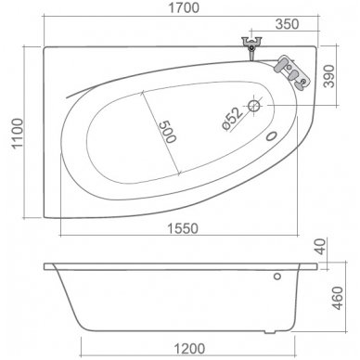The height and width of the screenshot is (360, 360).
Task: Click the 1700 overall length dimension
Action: click(x=183, y=7)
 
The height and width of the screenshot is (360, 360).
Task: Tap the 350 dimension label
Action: click(x=287, y=24)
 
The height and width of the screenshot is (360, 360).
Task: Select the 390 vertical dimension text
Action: click(x=329, y=76)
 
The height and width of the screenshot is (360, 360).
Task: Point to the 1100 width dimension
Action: click(x=18, y=134)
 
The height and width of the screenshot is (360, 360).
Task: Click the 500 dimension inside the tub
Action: click(x=167, y=132)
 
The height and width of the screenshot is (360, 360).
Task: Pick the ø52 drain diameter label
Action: click(x=233, y=119)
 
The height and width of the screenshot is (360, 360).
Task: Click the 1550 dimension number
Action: click(x=183, y=228)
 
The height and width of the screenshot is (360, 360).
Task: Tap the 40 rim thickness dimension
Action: click(x=320, y=247)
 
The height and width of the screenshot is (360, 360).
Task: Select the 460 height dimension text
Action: click(x=337, y=298)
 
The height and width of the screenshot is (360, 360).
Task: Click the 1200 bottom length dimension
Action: click(x=189, y=349)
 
